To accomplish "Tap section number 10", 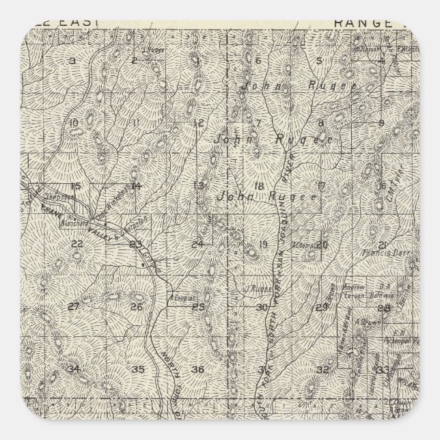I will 74,123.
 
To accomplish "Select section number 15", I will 76,186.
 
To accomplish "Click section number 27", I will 75,305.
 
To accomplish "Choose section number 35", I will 138,370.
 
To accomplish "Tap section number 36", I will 198,370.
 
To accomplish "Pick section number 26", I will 136,306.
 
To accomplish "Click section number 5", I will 319,61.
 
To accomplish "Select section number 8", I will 320,123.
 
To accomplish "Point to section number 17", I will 320,185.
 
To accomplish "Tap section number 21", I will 383,245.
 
